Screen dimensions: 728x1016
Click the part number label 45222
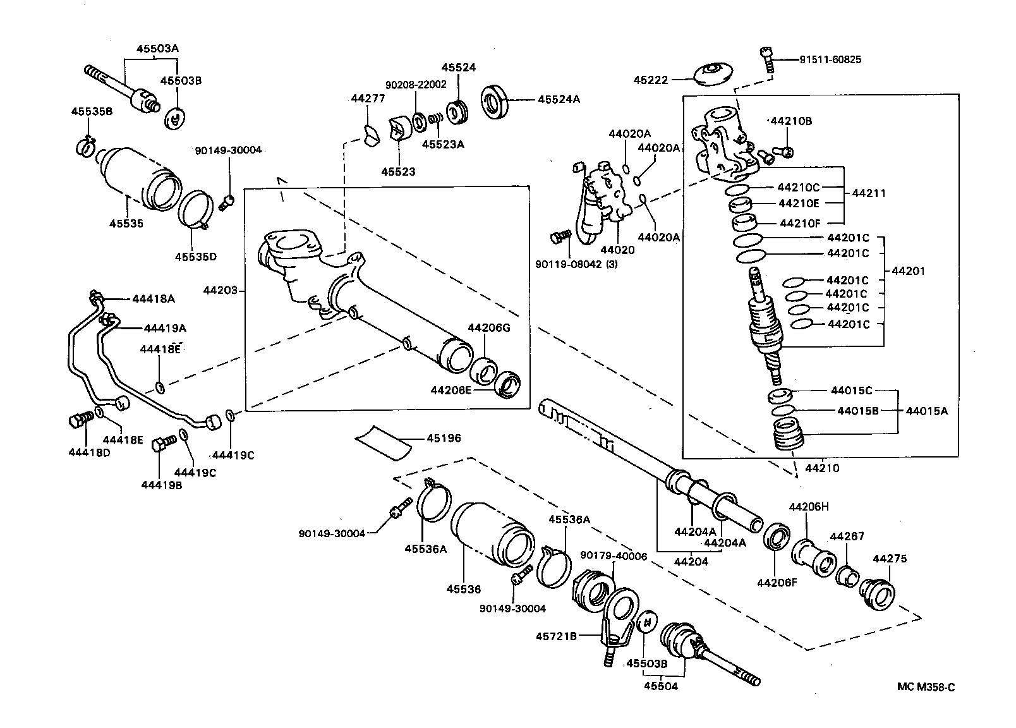tap(651, 80)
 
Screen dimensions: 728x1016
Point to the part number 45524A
tap(559, 99)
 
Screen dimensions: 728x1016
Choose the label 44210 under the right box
tap(822, 468)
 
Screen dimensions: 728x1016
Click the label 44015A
tap(926, 411)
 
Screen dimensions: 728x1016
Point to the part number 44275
tap(890, 559)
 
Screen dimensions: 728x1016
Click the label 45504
tap(660, 686)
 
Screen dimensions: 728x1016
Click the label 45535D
tap(195, 257)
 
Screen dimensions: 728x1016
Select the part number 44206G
tap(488, 327)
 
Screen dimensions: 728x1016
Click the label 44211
tap(869, 193)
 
